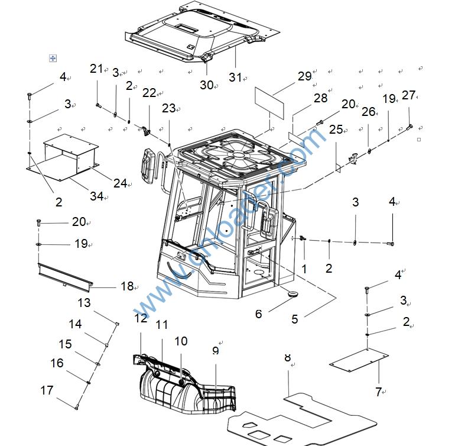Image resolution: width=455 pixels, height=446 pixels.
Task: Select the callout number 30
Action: point(206,85)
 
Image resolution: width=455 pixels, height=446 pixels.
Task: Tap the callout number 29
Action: point(304,76)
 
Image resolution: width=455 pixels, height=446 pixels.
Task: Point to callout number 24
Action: point(120,183)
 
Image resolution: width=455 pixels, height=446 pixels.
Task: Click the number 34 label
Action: point(97,195)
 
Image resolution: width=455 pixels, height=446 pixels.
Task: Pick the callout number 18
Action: point(127,286)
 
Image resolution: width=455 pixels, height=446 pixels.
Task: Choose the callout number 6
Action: point(258,314)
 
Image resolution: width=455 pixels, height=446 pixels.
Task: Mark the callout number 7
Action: point(379,392)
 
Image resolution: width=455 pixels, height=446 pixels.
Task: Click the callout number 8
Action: point(288,357)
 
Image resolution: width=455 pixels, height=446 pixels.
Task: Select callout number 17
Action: point(47,390)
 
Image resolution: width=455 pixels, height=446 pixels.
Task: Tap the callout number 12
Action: point(140,318)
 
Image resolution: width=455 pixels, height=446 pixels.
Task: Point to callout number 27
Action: point(408,95)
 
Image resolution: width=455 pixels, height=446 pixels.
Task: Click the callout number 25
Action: point(336,129)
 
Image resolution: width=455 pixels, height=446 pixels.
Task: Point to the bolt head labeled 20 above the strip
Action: point(39,222)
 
